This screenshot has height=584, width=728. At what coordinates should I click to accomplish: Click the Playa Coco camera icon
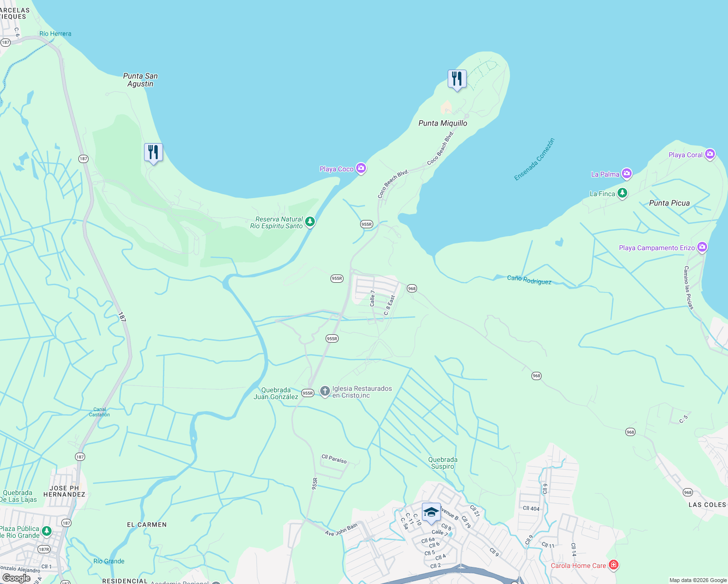pyautogui.click(x=361, y=168)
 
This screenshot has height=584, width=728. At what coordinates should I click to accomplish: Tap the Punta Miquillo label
pyautogui.click(x=442, y=123)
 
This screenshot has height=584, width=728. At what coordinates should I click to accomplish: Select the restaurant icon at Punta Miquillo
pyautogui.click(x=457, y=79)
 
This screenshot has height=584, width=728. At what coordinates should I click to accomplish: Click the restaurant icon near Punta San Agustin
pyautogui.click(x=153, y=152)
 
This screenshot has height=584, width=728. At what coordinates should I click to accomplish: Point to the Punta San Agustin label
pyautogui.click(x=140, y=80)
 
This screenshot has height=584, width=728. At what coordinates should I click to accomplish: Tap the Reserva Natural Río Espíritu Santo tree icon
pyautogui.click(x=310, y=222)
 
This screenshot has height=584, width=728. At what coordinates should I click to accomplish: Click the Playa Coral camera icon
pyautogui.click(x=710, y=154)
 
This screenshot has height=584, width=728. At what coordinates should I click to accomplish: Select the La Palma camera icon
pyautogui.click(x=627, y=173)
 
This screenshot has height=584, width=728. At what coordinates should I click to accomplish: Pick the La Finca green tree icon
pyautogui.click(x=622, y=193)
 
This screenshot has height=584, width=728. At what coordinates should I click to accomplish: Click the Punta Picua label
pyautogui.click(x=669, y=203)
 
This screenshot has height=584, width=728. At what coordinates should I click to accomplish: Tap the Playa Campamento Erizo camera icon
pyautogui.click(x=702, y=247)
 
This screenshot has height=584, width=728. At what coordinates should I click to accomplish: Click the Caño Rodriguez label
pyautogui.click(x=529, y=280)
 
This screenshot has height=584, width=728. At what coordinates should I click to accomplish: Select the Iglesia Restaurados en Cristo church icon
pyautogui.click(x=325, y=391)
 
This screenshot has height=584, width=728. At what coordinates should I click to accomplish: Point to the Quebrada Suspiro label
pyautogui.click(x=442, y=463)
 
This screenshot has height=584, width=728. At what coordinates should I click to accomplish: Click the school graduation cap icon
pyautogui.click(x=431, y=512)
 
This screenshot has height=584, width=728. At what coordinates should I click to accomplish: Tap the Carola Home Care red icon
pyautogui.click(x=614, y=565)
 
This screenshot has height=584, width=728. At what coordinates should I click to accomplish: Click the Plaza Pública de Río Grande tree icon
pyautogui.click(x=47, y=531)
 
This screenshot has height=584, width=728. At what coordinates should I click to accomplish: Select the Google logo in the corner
pyautogui.click(x=16, y=578)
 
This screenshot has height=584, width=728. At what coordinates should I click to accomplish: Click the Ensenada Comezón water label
pyautogui.click(x=534, y=160)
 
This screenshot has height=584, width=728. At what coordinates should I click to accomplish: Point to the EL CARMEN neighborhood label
pyautogui.click(x=146, y=525)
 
